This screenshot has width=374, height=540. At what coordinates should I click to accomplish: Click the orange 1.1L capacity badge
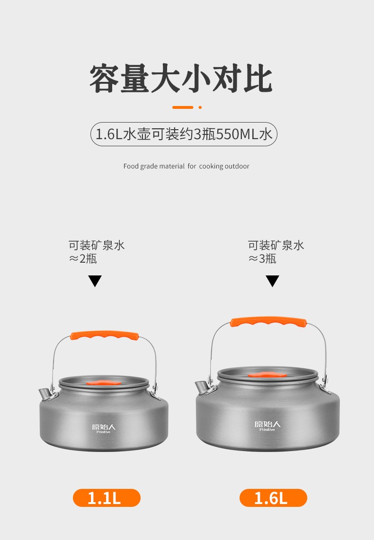pyautogui.click(x=107, y=497)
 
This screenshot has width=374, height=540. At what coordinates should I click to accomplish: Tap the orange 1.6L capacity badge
pyautogui.click(x=273, y=497)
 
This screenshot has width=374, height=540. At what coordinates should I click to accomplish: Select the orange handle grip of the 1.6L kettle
pyautogui.click(x=268, y=322)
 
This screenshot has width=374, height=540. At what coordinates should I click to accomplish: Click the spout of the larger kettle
pyautogui.click(x=202, y=388)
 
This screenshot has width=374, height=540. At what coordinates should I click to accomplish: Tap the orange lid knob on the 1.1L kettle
pyautogui.click(x=104, y=382)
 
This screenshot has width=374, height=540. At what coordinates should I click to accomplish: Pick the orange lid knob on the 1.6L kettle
pyautogui.click(x=267, y=375)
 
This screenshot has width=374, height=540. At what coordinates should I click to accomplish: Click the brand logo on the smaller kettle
pyautogui.click(x=104, y=428)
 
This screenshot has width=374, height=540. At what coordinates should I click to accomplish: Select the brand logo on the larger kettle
pyautogui.click(x=267, y=425)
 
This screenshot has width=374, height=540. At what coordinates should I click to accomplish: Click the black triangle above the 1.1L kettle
pyautogui.click(x=95, y=281)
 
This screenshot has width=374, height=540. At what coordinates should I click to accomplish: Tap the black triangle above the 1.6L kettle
pyautogui.click(x=272, y=281)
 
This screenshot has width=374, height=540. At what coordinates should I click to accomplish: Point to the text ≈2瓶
pyautogui.click(x=83, y=258)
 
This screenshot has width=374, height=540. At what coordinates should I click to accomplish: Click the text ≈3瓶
pyautogui.click(x=262, y=258)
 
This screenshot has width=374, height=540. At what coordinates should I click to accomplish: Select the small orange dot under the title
pyautogui.click(x=200, y=107)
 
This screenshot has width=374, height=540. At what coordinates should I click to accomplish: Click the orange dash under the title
pyautogui.click(x=183, y=107)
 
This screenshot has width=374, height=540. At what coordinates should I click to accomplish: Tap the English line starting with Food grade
pyautogui.click(x=187, y=166)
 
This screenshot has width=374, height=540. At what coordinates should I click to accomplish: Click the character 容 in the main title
pyautogui.click(x=105, y=79)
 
